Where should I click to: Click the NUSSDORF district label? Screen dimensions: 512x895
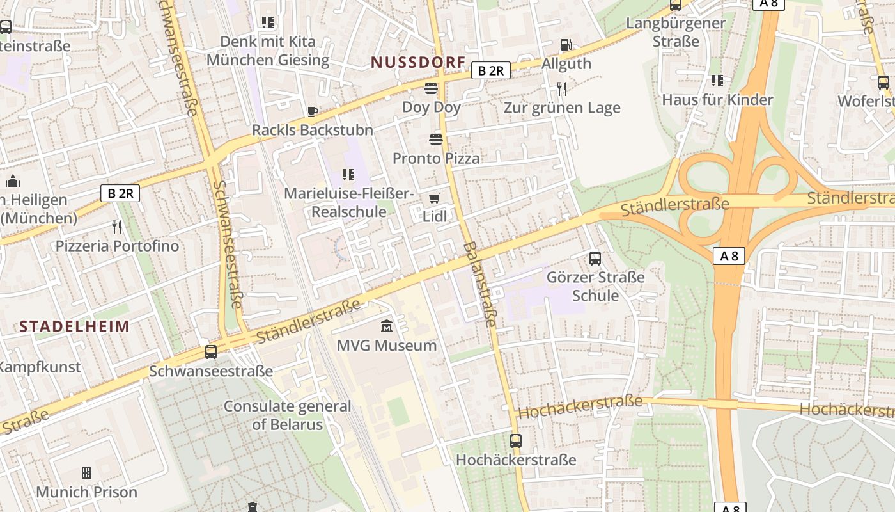(x=418, y=62)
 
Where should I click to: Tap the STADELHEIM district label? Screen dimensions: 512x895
(x=74, y=326)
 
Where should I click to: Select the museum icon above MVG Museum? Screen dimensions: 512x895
(x=387, y=327)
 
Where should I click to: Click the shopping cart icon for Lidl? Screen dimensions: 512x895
(x=435, y=198)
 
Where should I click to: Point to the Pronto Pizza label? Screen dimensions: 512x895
(x=436, y=158)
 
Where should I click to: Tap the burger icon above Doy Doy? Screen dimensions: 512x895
(x=431, y=88)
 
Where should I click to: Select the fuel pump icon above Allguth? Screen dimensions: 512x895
(x=566, y=45)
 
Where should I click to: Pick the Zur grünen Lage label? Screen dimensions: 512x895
(x=562, y=108)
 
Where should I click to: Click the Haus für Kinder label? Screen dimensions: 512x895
(x=717, y=100)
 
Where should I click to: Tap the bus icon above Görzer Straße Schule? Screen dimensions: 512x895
(x=595, y=259)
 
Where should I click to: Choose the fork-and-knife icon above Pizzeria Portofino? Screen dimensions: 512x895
(x=117, y=227)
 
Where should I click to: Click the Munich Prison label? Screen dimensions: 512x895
(x=86, y=492)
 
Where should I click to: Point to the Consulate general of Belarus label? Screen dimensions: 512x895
(x=288, y=415)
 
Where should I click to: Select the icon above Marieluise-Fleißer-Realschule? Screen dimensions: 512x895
(x=348, y=174)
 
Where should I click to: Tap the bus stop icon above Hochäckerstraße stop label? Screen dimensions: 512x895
(x=516, y=441)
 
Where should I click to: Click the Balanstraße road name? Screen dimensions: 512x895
(x=480, y=284)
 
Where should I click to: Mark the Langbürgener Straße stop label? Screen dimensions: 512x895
(x=676, y=32)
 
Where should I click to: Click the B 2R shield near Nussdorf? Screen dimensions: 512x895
(x=491, y=70)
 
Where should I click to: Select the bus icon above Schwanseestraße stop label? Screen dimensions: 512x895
(x=211, y=352)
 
